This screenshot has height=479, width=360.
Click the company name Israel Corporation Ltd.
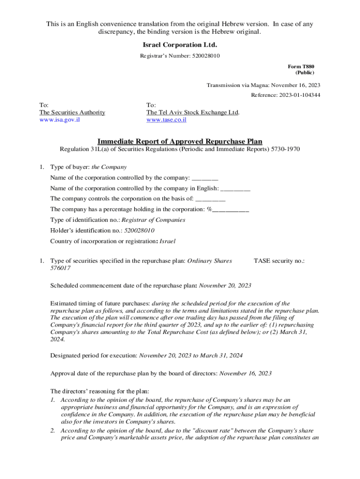coord(180,45)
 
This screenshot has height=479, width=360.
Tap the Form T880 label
coord(301,66)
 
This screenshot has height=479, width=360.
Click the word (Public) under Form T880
coord(304,73)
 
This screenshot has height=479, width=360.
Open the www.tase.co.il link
coord(166,120)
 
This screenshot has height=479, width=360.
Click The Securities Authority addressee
coord(72,112)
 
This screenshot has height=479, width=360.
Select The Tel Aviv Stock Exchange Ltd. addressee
coord(193,112)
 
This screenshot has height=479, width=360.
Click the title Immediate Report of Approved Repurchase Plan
coord(180,141)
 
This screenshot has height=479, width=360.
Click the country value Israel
coord(168,241)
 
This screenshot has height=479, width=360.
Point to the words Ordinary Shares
coord(209,261)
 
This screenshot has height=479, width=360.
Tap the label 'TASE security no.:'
coord(279,261)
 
